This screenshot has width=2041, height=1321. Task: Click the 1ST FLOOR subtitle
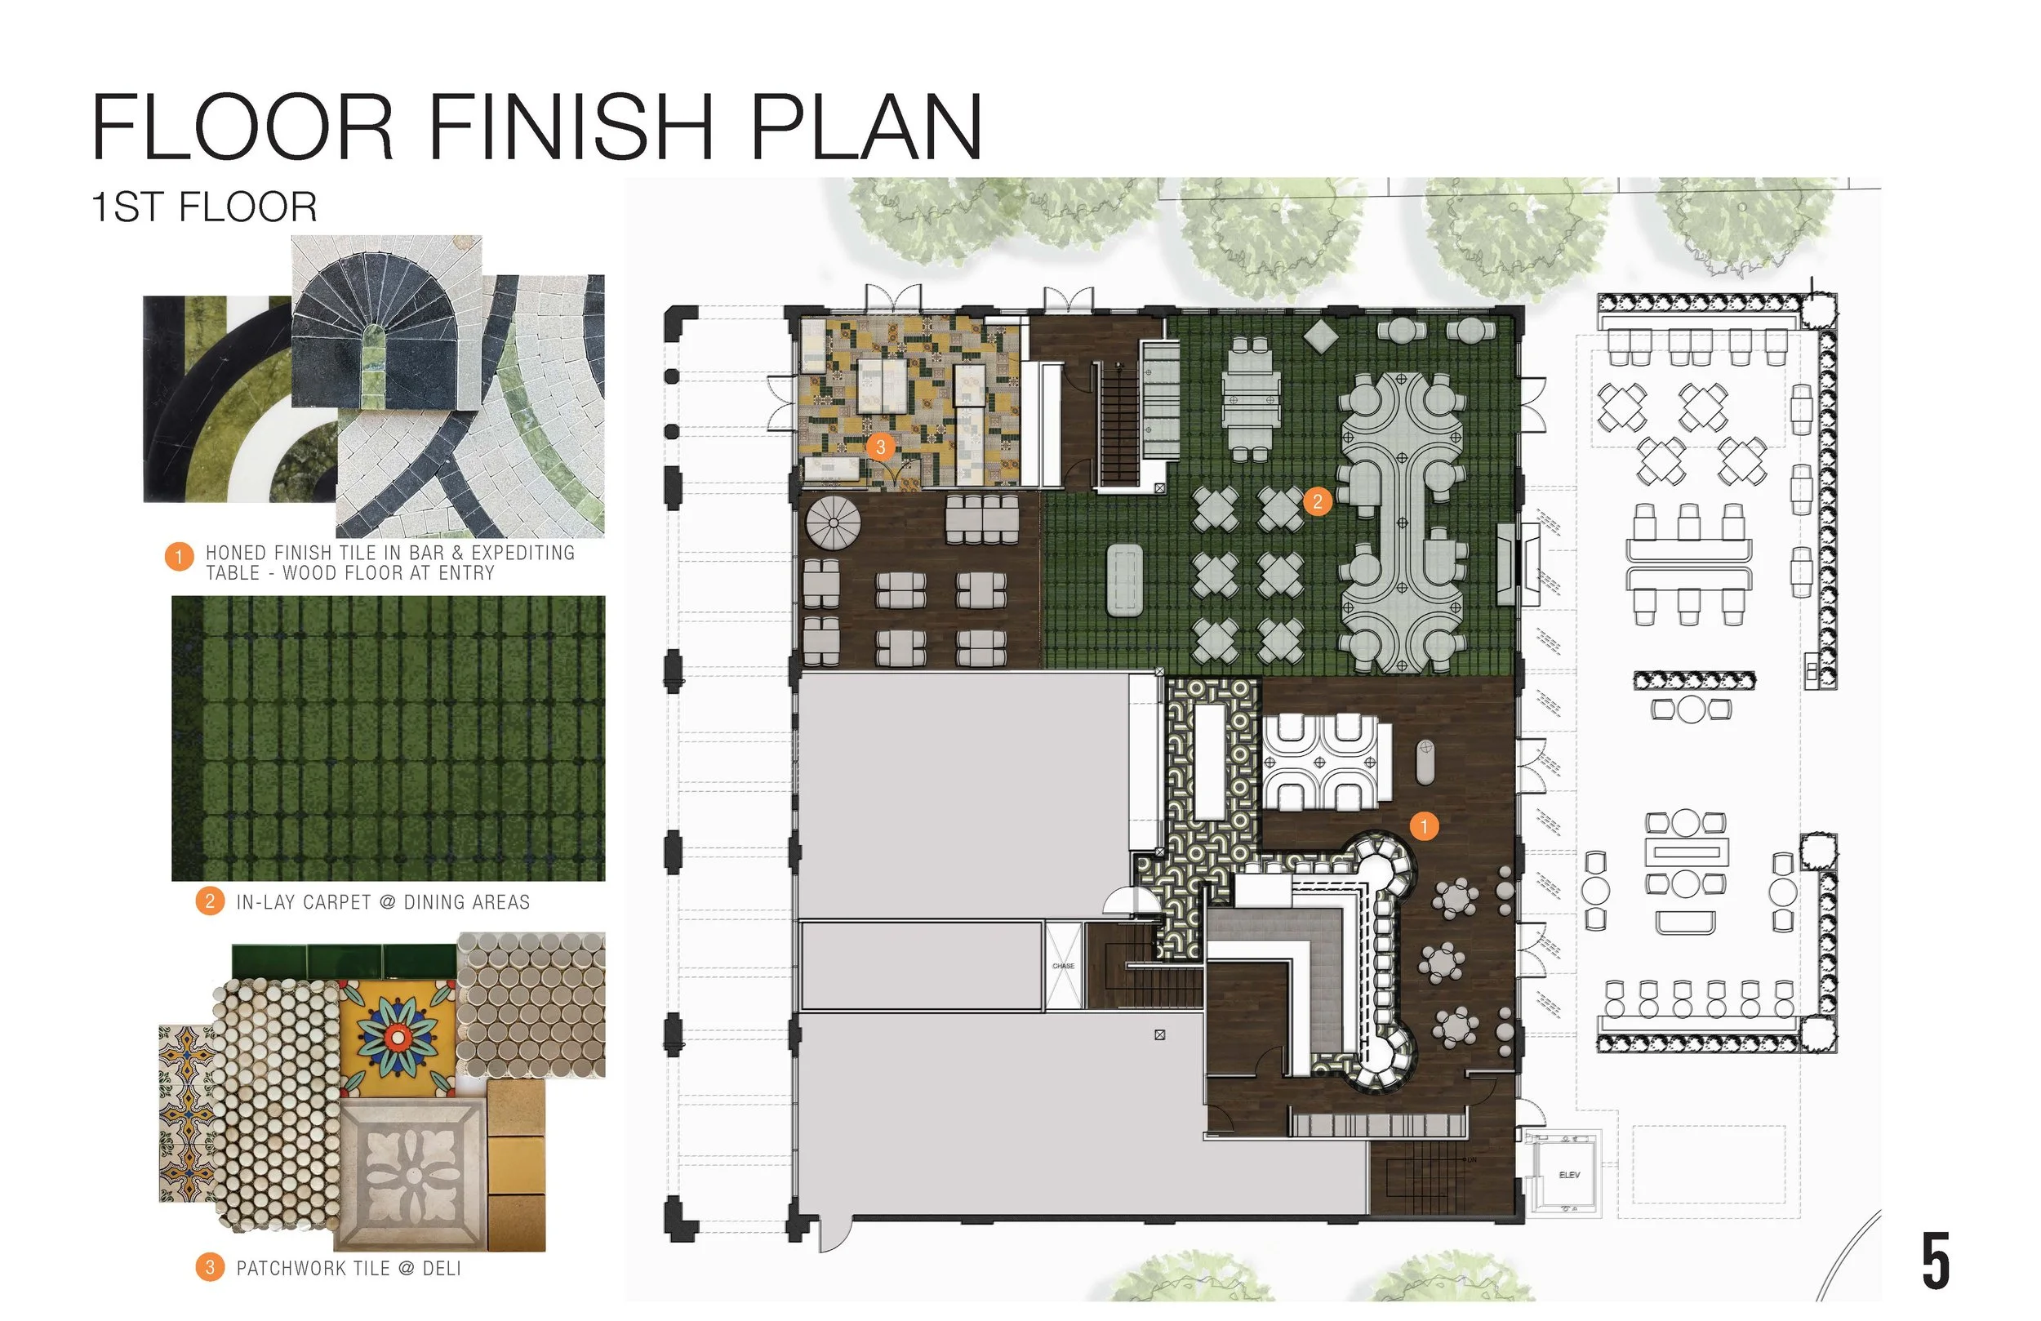click(x=204, y=207)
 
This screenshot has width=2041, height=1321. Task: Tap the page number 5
click(x=1936, y=1261)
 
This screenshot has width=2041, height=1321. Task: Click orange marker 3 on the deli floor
click(x=880, y=447)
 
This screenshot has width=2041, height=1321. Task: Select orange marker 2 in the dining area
click(x=1317, y=501)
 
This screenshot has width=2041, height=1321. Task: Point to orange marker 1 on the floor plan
click(x=1424, y=826)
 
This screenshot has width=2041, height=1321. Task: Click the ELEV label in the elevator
click(x=1568, y=1174)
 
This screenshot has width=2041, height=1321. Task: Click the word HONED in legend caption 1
click(x=236, y=554)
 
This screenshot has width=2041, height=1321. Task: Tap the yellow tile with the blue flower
click(x=397, y=1038)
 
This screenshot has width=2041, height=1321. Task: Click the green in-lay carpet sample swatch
click(x=388, y=739)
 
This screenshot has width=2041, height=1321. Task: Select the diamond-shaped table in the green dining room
click(x=1322, y=334)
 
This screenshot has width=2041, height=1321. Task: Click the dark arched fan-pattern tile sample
click(x=386, y=322)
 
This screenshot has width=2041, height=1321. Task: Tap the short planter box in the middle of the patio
click(x=1694, y=680)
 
